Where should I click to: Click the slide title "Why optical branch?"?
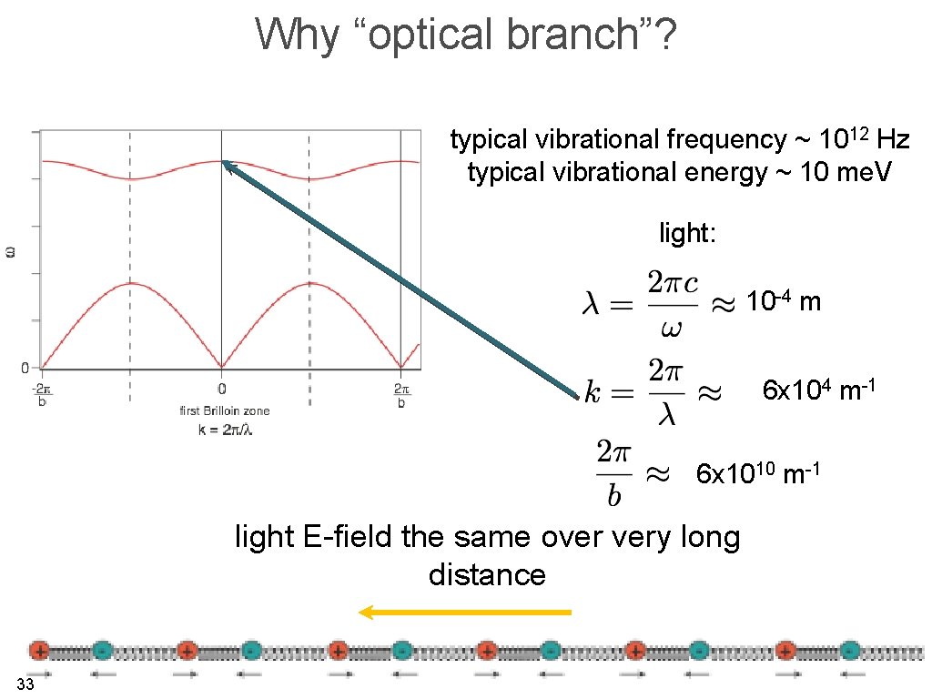coord(466,35)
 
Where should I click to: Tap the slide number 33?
coord(25,684)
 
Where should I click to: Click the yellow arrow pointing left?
coord(464,613)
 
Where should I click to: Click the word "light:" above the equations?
coord(687,234)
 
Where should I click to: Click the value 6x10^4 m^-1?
coord(818,391)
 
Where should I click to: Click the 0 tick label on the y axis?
coord(25,368)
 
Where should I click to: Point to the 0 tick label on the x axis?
coord(221,388)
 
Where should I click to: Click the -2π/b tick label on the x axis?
coord(41,394)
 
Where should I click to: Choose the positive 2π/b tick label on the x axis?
coord(401,394)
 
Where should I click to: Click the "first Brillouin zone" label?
coord(224,411)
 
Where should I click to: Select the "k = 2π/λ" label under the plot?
coord(225,429)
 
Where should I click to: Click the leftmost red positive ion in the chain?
coord(38,650)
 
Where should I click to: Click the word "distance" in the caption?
coord(487,575)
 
